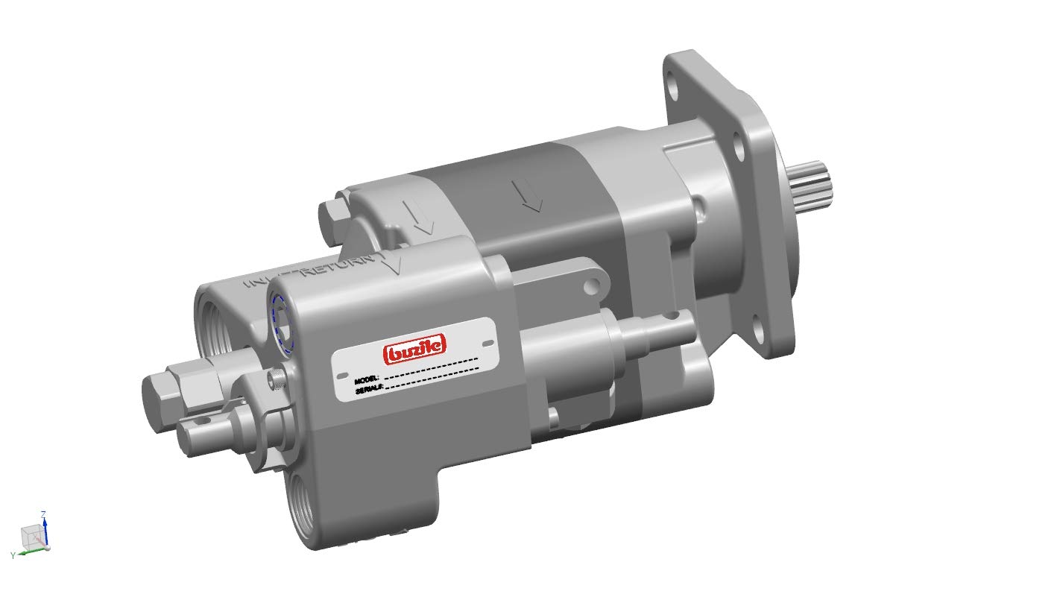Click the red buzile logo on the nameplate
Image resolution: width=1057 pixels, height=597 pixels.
click(x=414, y=347)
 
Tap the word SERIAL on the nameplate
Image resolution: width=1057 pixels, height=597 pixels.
click(x=369, y=388)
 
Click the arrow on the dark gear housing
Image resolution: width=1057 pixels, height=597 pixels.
click(x=531, y=195)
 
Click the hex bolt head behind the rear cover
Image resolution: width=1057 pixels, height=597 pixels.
click(x=331, y=216)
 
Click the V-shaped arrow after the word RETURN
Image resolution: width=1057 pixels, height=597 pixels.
click(x=392, y=265)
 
